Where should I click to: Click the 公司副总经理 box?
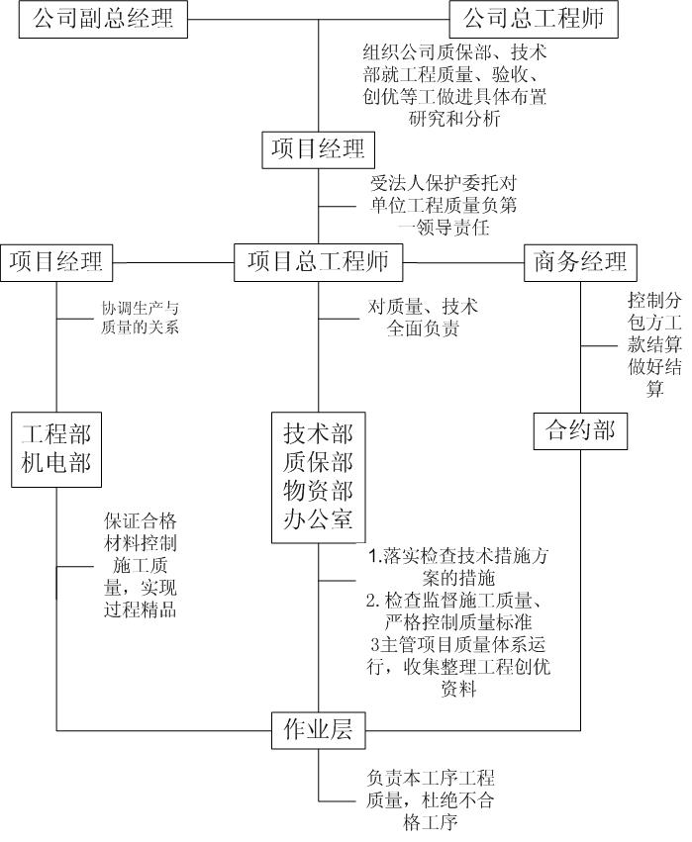[103, 20]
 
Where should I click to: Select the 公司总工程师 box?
[534, 20]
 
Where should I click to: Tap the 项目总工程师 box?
[318, 262]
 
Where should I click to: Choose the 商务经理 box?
[580, 262]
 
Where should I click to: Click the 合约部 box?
[580, 430]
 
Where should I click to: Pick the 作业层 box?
[318, 730]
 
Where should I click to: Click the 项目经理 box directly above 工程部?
[56, 262]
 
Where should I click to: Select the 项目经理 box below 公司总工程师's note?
[318, 149]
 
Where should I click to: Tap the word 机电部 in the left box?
[56, 463]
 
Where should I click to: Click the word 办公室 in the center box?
[318, 519]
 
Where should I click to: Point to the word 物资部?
[318, 491]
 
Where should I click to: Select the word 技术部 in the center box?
[318, 433]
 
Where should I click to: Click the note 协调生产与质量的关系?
[141, 318]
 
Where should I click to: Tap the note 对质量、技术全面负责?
[423, 318]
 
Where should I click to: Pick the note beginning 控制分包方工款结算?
[654, 344]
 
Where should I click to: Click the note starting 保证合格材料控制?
[141, 565]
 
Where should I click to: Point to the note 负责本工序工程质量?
[430, 800]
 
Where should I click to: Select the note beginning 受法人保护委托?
[444, 206]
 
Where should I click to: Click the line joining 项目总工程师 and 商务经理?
[463, 263]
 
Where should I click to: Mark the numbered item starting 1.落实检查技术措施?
[458, 567]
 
